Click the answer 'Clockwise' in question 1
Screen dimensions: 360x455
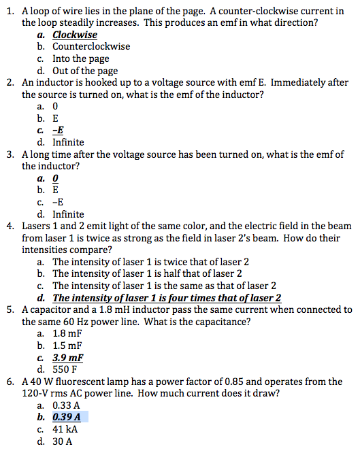click(x=75, y=35)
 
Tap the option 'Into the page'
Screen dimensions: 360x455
click(x=80, y=59)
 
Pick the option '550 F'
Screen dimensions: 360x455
click(x=65, y=369)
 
